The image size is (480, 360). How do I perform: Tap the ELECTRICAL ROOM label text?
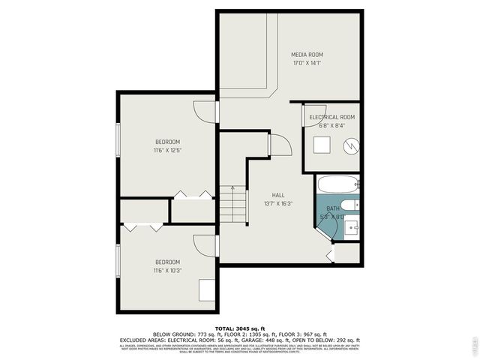point(331,117)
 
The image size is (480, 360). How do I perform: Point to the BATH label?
point(331,208)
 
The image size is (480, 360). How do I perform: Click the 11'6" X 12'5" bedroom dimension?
point(167,150)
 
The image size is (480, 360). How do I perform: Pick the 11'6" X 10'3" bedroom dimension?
point(167,270)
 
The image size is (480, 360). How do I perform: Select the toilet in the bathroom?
point(352,204)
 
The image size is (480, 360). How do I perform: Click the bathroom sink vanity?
point(352,226)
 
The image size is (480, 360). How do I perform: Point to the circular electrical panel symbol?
point(350,147)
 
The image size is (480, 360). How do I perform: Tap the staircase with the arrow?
point(233,204)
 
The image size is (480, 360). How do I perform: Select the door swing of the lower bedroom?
point(204,245)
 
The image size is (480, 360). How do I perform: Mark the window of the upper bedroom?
point(118,139)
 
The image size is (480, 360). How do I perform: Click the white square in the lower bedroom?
point(206,289)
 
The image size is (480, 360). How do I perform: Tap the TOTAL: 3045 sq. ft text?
point(240,328)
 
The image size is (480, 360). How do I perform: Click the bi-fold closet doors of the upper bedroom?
point(193,195)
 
